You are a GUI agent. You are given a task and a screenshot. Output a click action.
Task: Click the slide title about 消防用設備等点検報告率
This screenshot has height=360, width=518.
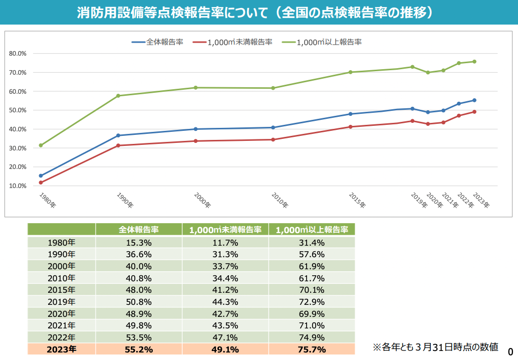[x=255, y=13]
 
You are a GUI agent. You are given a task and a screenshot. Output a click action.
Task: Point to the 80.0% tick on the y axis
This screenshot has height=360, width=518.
[x=18, y=54]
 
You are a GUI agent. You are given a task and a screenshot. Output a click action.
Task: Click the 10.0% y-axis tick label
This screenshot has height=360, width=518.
[x=18, y=186]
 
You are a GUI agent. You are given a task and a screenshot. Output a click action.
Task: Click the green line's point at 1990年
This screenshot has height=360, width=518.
[x=118, y=96]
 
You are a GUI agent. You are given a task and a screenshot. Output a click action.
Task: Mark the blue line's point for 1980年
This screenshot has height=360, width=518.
[x=41, y=176]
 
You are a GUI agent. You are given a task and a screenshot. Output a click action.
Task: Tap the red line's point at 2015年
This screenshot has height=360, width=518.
[x=351, y=127]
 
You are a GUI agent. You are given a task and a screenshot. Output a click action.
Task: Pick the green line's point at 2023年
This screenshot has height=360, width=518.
[x=474, y=62]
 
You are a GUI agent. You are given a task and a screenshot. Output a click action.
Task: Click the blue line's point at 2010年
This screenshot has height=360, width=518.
[x=273, y=127]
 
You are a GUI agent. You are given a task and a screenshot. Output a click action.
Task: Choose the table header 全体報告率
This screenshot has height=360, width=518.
[x=139, y=230]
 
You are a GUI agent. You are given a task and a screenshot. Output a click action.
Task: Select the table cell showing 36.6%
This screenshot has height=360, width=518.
[x=139, y=254]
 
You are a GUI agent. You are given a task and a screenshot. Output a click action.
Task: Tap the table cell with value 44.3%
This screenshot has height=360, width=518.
[x=225, y=302]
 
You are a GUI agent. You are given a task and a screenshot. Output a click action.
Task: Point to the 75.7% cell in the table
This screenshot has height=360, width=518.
[x=312, y=349]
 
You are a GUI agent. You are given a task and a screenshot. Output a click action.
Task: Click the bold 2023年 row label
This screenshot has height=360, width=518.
[x=61, y=349]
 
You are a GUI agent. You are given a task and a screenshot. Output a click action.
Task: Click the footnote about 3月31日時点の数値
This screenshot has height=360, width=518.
[x=435, y=346]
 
